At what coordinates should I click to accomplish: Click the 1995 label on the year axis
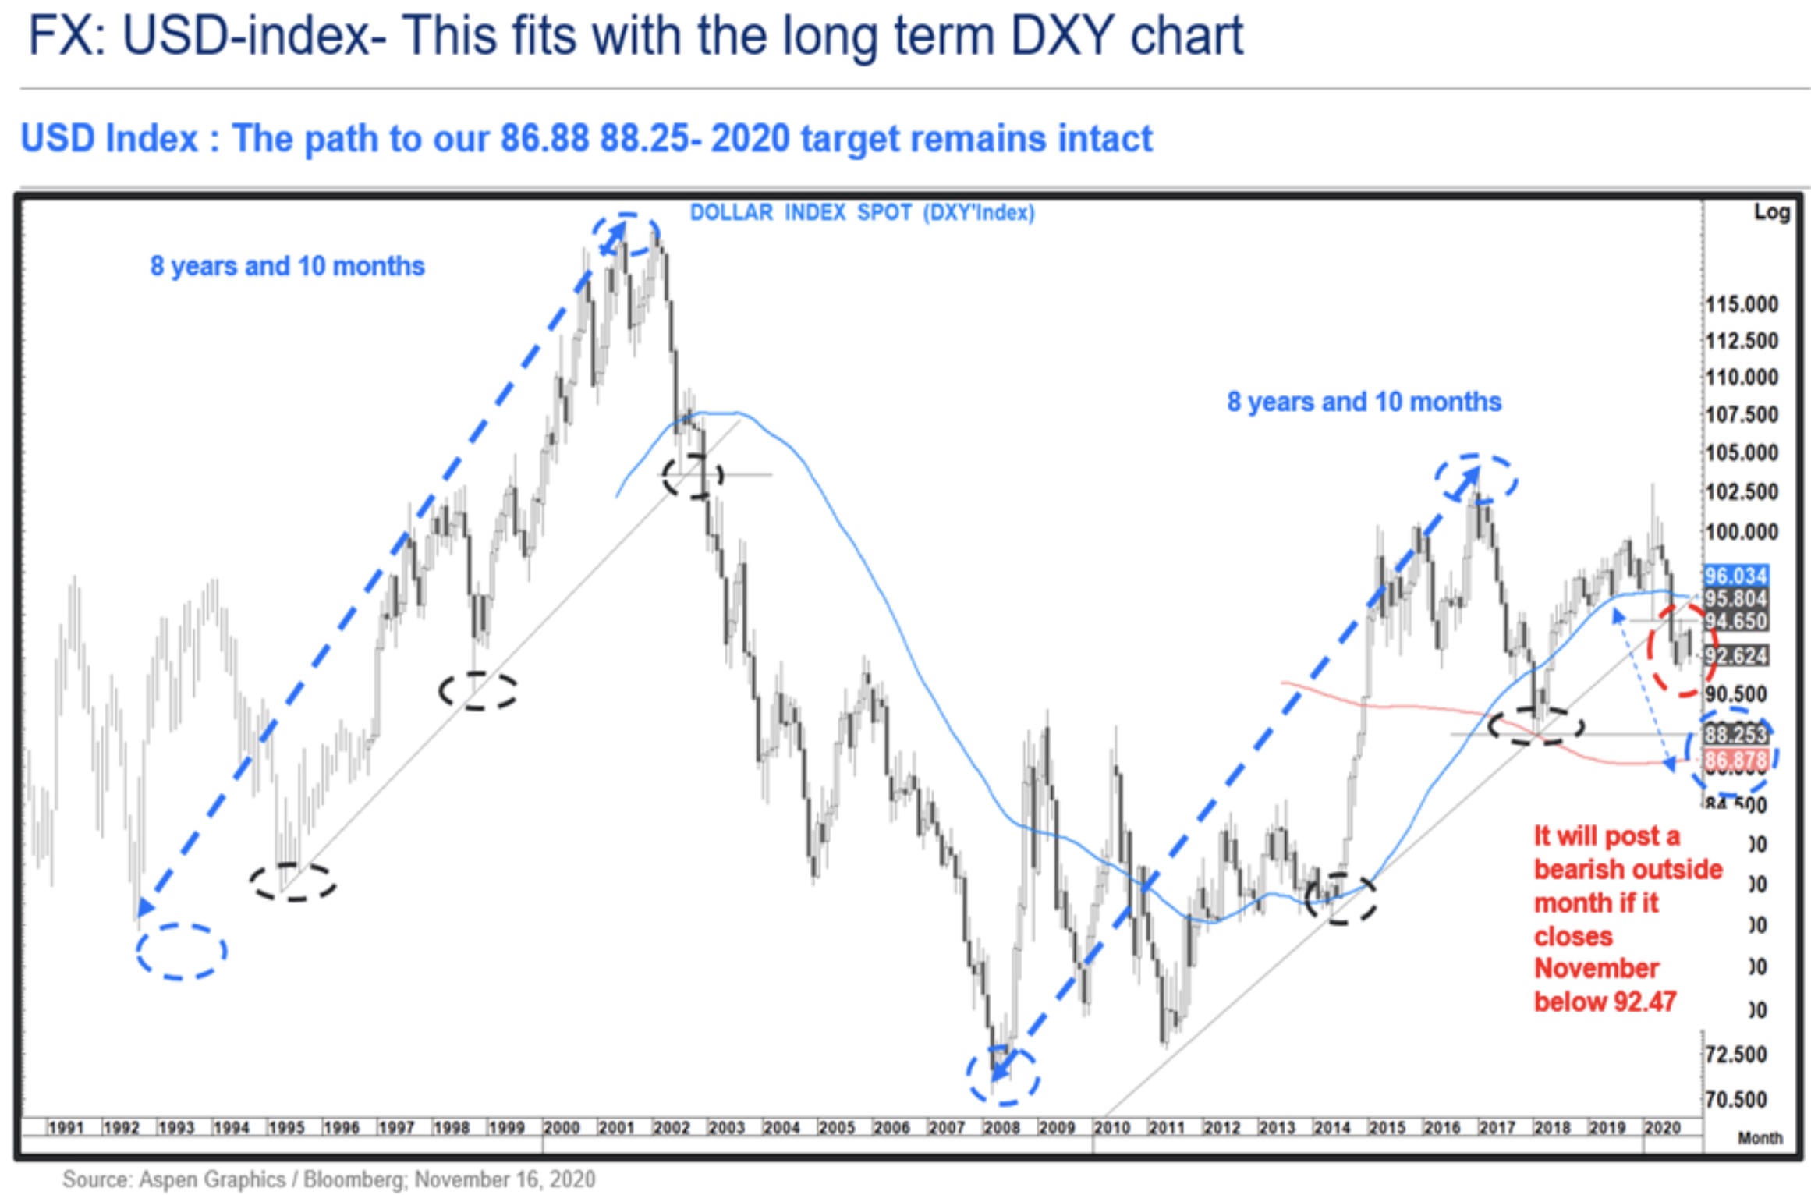point(286,1128)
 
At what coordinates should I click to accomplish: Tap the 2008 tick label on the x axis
point(1001,1128)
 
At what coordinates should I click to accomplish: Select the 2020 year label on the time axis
point(1662,1128)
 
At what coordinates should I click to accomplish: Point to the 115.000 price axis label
point(1742,304)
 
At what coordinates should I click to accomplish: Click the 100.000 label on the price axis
point(1742,532)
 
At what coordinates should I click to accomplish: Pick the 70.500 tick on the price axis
point(1735,1100)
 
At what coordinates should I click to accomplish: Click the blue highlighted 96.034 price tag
point(1735,576)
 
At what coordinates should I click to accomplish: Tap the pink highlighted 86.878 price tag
point(1735,760)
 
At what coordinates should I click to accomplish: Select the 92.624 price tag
point(1735,655)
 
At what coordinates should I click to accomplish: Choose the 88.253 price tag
point(1735,734)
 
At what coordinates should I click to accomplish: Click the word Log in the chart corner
point(1771,212)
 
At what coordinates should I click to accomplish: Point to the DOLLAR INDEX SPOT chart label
point(862,213)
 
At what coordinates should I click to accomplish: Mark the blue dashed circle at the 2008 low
point(1003,1076)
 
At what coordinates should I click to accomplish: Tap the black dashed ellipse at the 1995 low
point(292,882)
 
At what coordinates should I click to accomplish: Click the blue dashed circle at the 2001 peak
point(626,234)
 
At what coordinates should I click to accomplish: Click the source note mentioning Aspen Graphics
point(328,1179)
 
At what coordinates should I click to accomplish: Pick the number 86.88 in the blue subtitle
point(544,139)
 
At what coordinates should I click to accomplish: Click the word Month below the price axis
point(1760,1138)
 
